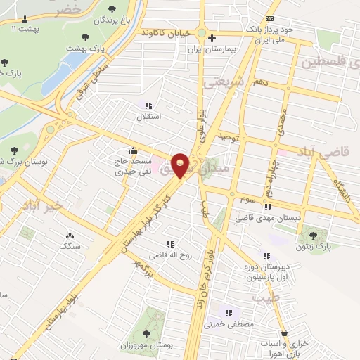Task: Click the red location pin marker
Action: [181, 165]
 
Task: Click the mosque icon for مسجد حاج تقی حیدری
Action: [132, 150]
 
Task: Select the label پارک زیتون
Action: [324, 248]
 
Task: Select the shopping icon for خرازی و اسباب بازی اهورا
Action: [283, 333]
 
